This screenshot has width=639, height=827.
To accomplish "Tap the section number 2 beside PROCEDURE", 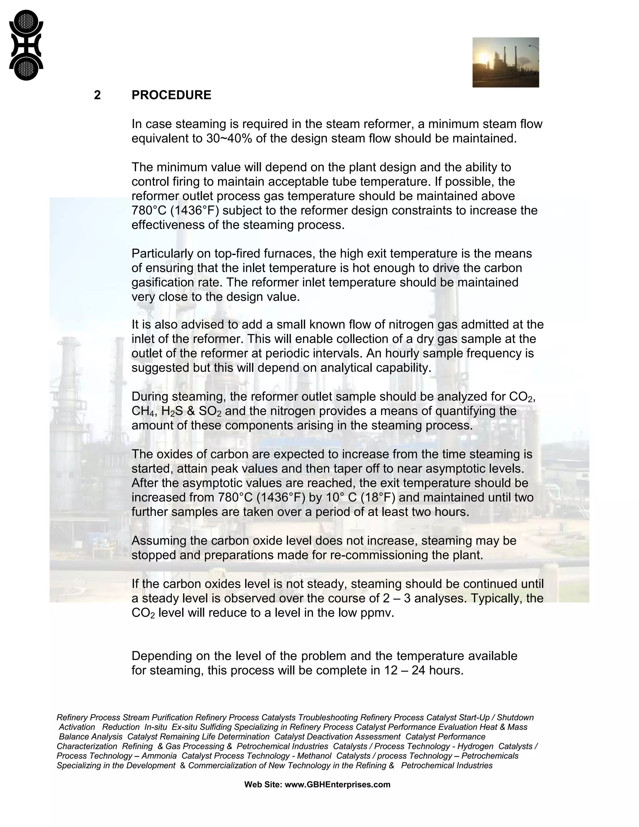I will click(97, 95).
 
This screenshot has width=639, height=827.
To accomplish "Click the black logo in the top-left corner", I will click(26, 45).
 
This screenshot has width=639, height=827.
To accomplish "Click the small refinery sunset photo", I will click(505, 62).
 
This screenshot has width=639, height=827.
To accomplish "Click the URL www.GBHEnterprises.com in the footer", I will click(337, 785).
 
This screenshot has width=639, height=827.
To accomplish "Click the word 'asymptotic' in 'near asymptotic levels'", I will click(458, 469).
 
